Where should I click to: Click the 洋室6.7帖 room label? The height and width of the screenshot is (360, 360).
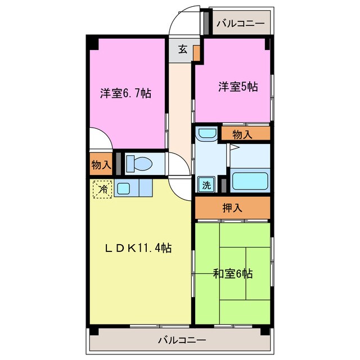125,93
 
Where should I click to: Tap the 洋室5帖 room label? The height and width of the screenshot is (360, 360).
238,87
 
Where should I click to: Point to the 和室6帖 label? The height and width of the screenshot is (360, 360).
232,274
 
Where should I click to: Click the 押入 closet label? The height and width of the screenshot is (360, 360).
232,208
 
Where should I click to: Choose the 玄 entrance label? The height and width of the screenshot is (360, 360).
183,49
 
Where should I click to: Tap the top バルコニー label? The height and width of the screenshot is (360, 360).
240,24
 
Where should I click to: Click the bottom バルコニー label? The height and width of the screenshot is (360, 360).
181,340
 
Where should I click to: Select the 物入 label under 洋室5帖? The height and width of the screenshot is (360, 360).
242,134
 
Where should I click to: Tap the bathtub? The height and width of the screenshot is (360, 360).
250,181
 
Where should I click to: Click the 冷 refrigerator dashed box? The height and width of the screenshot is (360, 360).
102,188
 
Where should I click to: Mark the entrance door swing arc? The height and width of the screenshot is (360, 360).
184,20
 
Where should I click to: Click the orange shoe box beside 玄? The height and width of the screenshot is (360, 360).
197,52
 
